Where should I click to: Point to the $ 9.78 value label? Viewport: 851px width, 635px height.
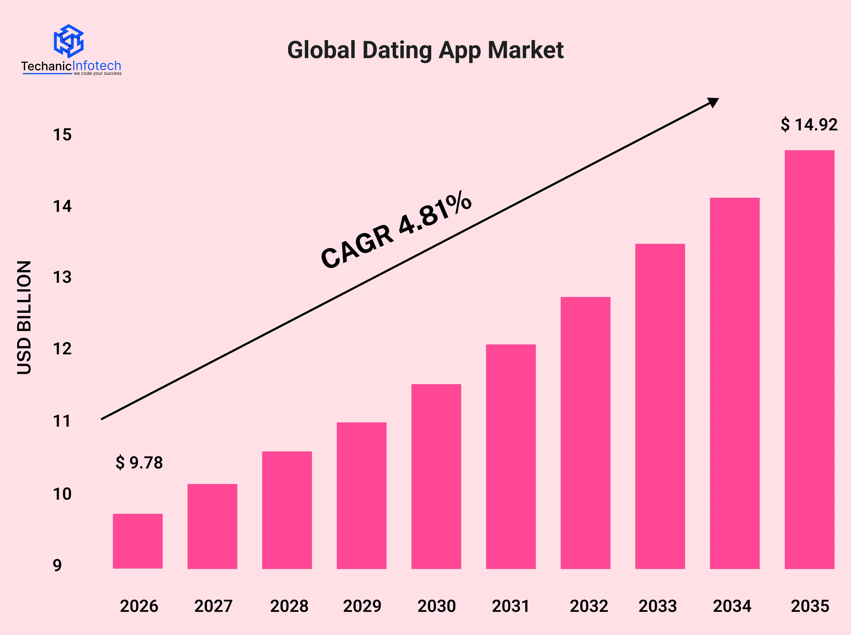pos(139,463)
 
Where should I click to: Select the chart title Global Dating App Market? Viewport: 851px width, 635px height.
pos(425,50)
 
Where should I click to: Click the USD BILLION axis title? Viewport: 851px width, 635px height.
pos(24,317)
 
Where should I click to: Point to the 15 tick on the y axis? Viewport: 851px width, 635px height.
pos(62,135)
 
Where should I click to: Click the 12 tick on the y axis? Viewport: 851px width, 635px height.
pos(62,349)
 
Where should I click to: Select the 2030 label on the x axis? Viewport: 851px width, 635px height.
pos(436,606)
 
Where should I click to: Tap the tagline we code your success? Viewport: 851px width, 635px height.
pos(98,73)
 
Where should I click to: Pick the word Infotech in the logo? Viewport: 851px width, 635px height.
pos(97,66)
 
